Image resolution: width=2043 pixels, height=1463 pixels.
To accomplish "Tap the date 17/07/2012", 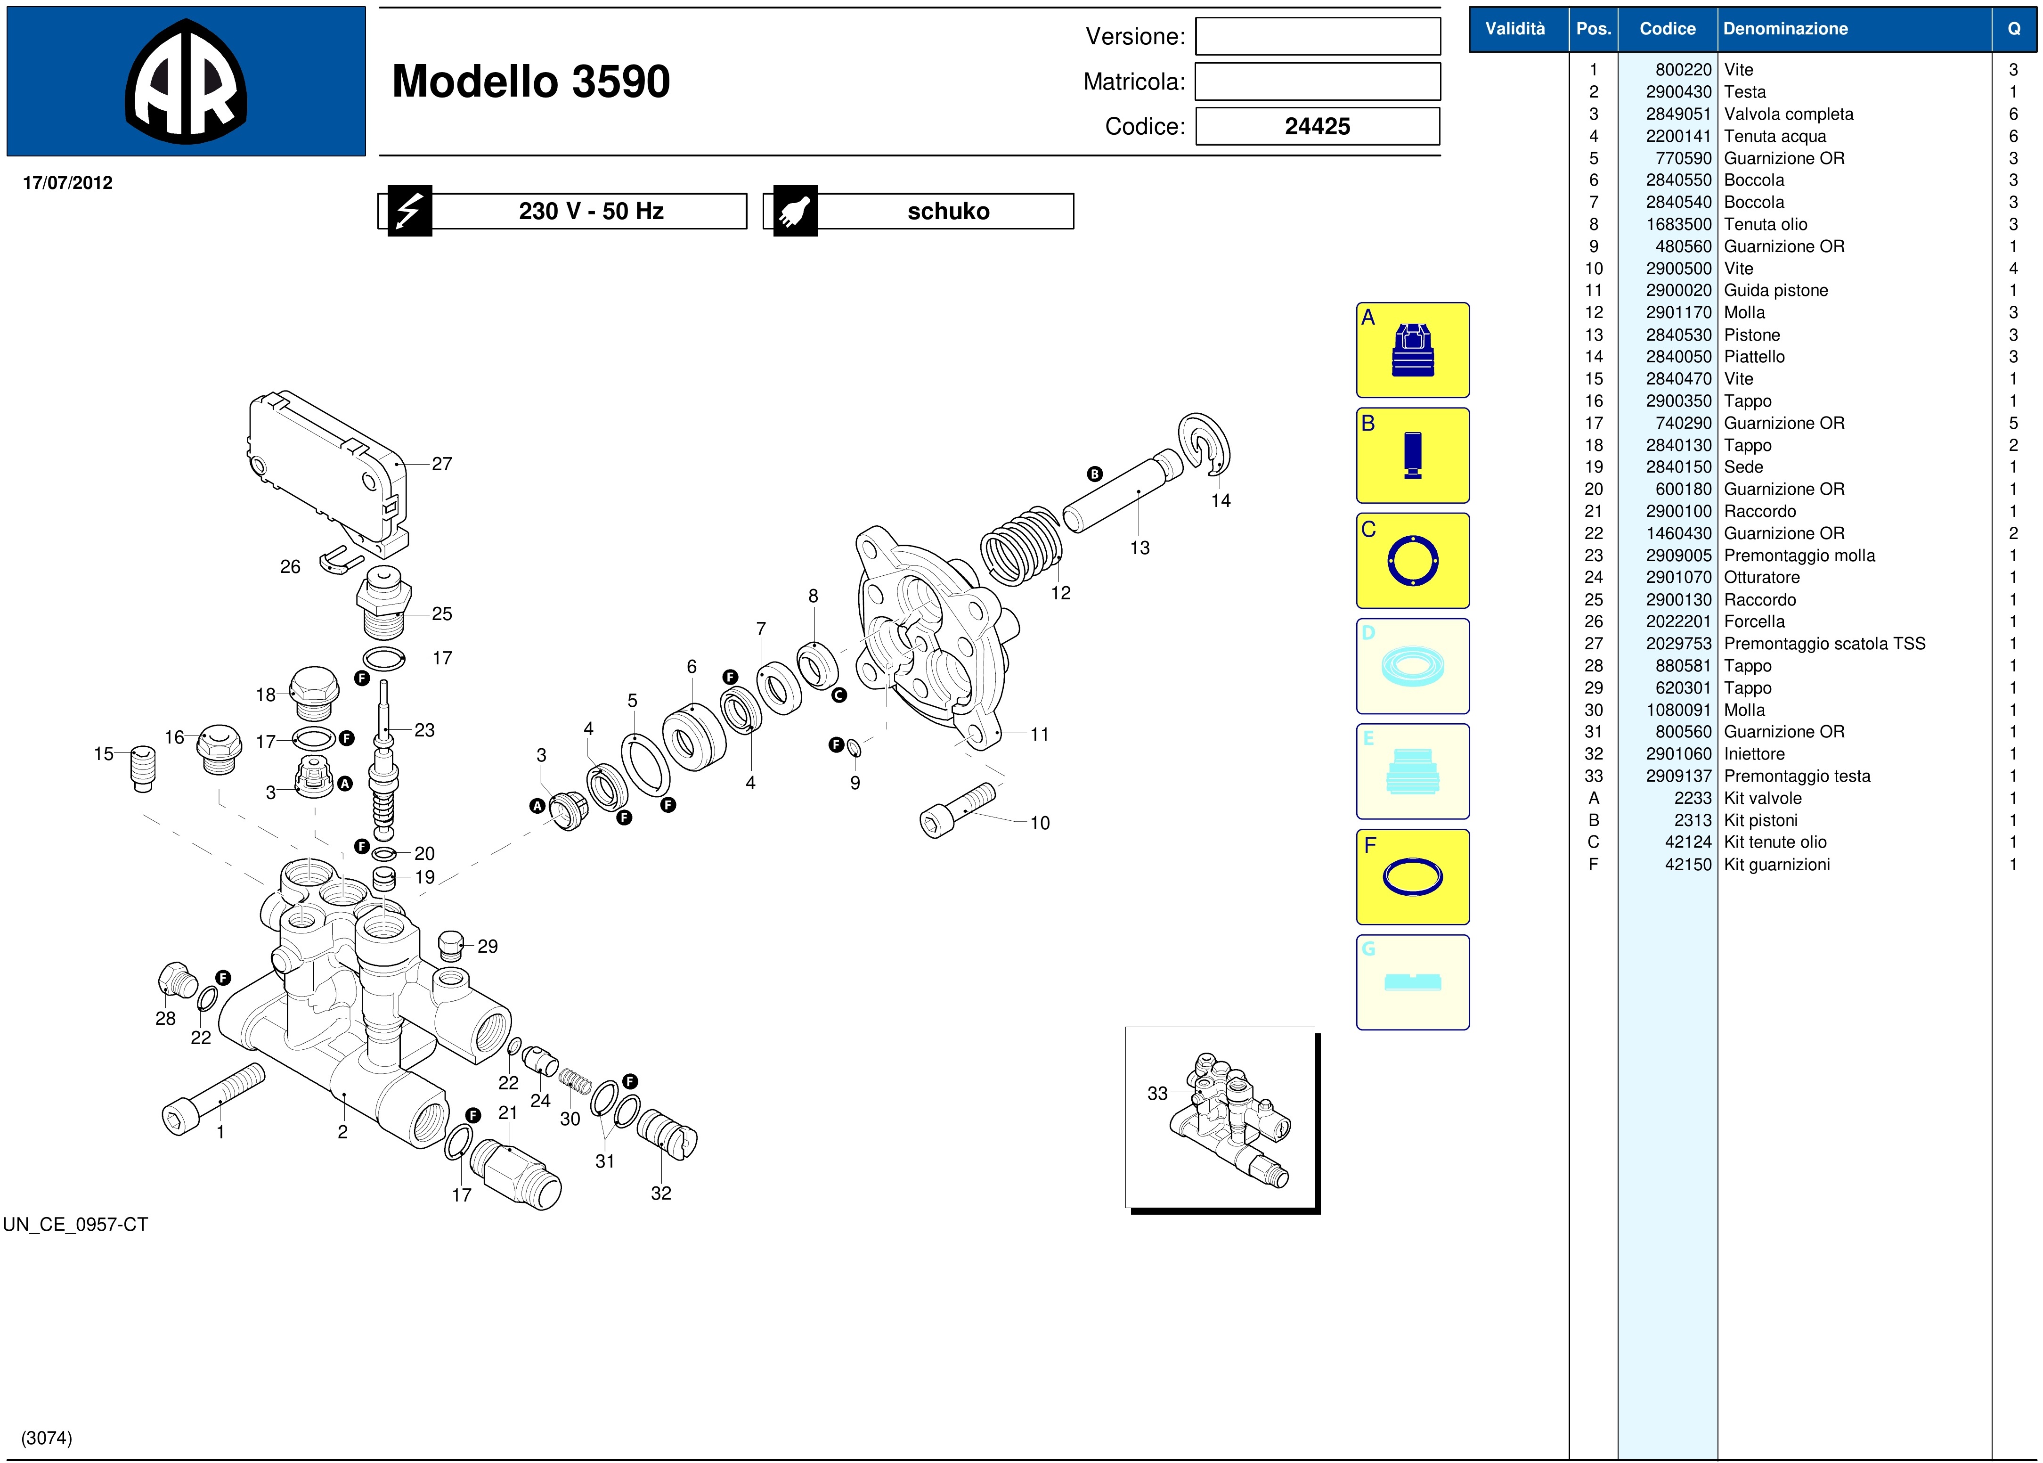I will [x=67, y=183].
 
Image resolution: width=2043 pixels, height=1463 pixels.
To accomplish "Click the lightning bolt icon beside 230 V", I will [x=410, y=211].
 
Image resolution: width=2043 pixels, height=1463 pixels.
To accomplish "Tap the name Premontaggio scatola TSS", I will [x=1823, y=643].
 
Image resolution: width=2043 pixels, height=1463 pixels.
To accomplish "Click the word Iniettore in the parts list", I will [x=1753, y=754].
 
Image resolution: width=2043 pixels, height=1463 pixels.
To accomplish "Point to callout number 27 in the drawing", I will [x=441, y=464].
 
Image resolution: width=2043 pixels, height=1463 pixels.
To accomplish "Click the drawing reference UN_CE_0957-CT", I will [x=76, y=1224].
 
